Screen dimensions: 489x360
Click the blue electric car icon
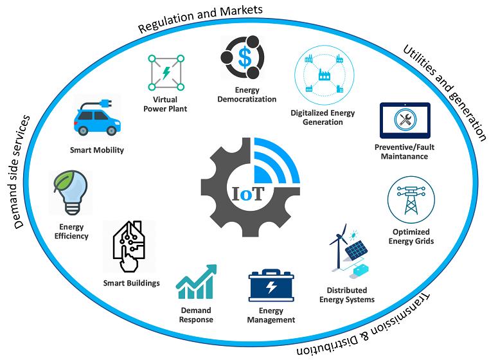pos(96,117)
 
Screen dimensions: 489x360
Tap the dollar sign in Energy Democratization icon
pos(244,57)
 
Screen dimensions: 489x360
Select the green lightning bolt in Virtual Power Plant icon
pos(166,73)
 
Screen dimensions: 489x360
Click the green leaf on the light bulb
pos(64,180)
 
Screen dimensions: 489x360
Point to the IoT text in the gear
pos(248,194)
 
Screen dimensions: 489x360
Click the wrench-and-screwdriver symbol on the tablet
pos(405,120)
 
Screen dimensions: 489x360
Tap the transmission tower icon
pos(411,201)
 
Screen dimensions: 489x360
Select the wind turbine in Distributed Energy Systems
pos(339,246)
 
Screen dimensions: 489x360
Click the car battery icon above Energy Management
pos(271,285)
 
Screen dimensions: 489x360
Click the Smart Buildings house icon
pos(129,246)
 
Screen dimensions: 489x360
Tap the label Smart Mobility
pos(96,150)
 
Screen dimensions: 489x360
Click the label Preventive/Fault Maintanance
pos(404,152)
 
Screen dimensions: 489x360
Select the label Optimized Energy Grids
pos(411,237)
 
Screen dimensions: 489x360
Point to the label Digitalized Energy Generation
pos(323,117)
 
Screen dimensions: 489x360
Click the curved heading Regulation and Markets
pos(200,18)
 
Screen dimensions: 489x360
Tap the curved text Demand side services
pos(21,172)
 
